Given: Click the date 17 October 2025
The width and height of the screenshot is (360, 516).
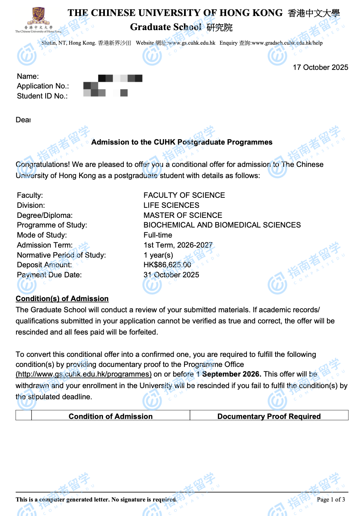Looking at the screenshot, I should click(320, 67).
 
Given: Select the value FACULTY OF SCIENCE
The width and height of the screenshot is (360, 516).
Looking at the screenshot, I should click(184, 195).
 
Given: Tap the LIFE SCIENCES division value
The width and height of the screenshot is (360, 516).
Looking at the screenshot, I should click(171, 205).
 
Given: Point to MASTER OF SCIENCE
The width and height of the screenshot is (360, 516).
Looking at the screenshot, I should click(183, 215).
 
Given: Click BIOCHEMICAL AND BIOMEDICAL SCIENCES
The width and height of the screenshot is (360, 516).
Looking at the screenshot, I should click(222, 225).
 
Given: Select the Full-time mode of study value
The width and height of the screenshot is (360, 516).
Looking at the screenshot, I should click(158, 235).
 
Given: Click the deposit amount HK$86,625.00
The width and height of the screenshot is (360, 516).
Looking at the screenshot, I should click(167, 265).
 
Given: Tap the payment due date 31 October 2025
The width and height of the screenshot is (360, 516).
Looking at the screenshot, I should click(171, 275).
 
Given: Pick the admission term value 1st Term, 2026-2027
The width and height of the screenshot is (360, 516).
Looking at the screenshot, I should click(178, 245).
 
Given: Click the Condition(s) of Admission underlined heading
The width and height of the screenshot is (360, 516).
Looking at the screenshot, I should click(62, 299).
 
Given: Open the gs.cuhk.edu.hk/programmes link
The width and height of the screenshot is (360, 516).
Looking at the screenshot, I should click(83, 374).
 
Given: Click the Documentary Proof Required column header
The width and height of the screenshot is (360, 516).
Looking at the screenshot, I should click(269, 416).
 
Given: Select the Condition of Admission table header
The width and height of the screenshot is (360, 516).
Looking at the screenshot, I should click(110, 416).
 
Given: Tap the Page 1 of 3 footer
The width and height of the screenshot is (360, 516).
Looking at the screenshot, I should click(331, 499).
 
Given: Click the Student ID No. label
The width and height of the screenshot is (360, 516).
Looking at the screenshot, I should click(42, 96).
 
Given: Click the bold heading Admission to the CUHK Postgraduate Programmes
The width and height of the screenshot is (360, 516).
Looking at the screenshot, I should click(181, 142).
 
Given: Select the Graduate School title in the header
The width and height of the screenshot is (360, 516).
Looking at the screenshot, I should click(166, 27).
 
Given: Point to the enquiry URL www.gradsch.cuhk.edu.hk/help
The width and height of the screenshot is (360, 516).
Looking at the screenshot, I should click(287, 43).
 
